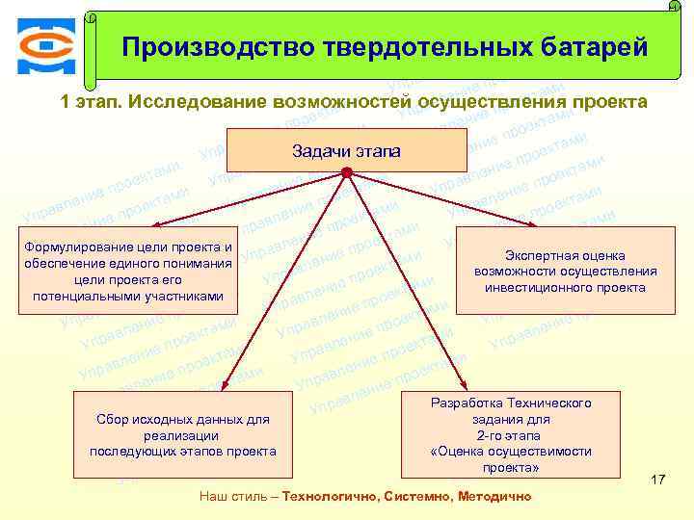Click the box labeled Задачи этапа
[346, 150]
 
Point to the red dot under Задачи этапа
[347, 173]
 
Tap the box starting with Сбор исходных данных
[182, 434]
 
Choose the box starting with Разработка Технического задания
[511, 434]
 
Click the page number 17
[658, 480]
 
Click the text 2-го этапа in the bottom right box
[511, 435]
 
